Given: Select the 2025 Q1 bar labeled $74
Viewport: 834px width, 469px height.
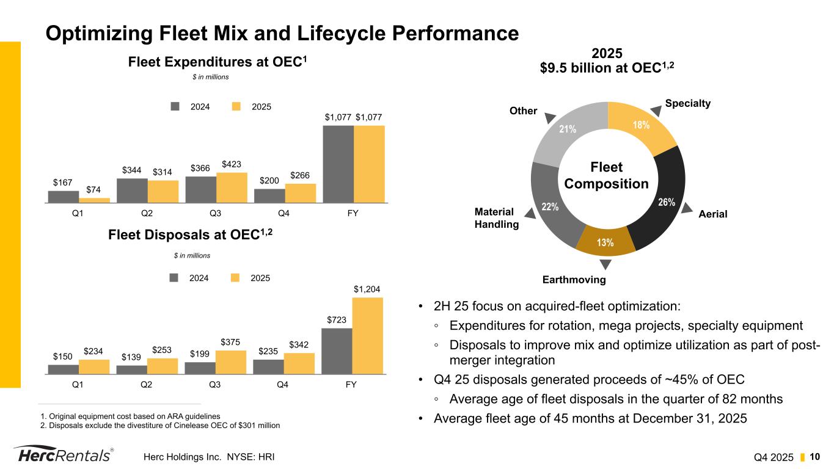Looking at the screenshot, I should point(94,200).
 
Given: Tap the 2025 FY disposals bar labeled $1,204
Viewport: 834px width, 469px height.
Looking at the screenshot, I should point(367,335).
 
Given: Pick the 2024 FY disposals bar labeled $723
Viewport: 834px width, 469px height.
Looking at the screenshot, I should point(336,351).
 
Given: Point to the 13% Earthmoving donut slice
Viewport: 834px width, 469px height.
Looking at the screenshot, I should point(605,241).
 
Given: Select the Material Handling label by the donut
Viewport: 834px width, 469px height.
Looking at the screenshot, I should point(496,218).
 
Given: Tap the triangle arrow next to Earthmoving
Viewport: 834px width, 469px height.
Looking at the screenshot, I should point(605,264).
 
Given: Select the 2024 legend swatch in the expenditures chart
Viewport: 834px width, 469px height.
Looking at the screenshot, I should point(175,106).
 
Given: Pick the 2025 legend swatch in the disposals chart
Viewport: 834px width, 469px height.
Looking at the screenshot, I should point(235,277).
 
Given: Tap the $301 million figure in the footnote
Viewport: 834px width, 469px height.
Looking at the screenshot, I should point(257,426).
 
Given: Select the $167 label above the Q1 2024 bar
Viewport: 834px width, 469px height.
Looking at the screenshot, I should point(63,182).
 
